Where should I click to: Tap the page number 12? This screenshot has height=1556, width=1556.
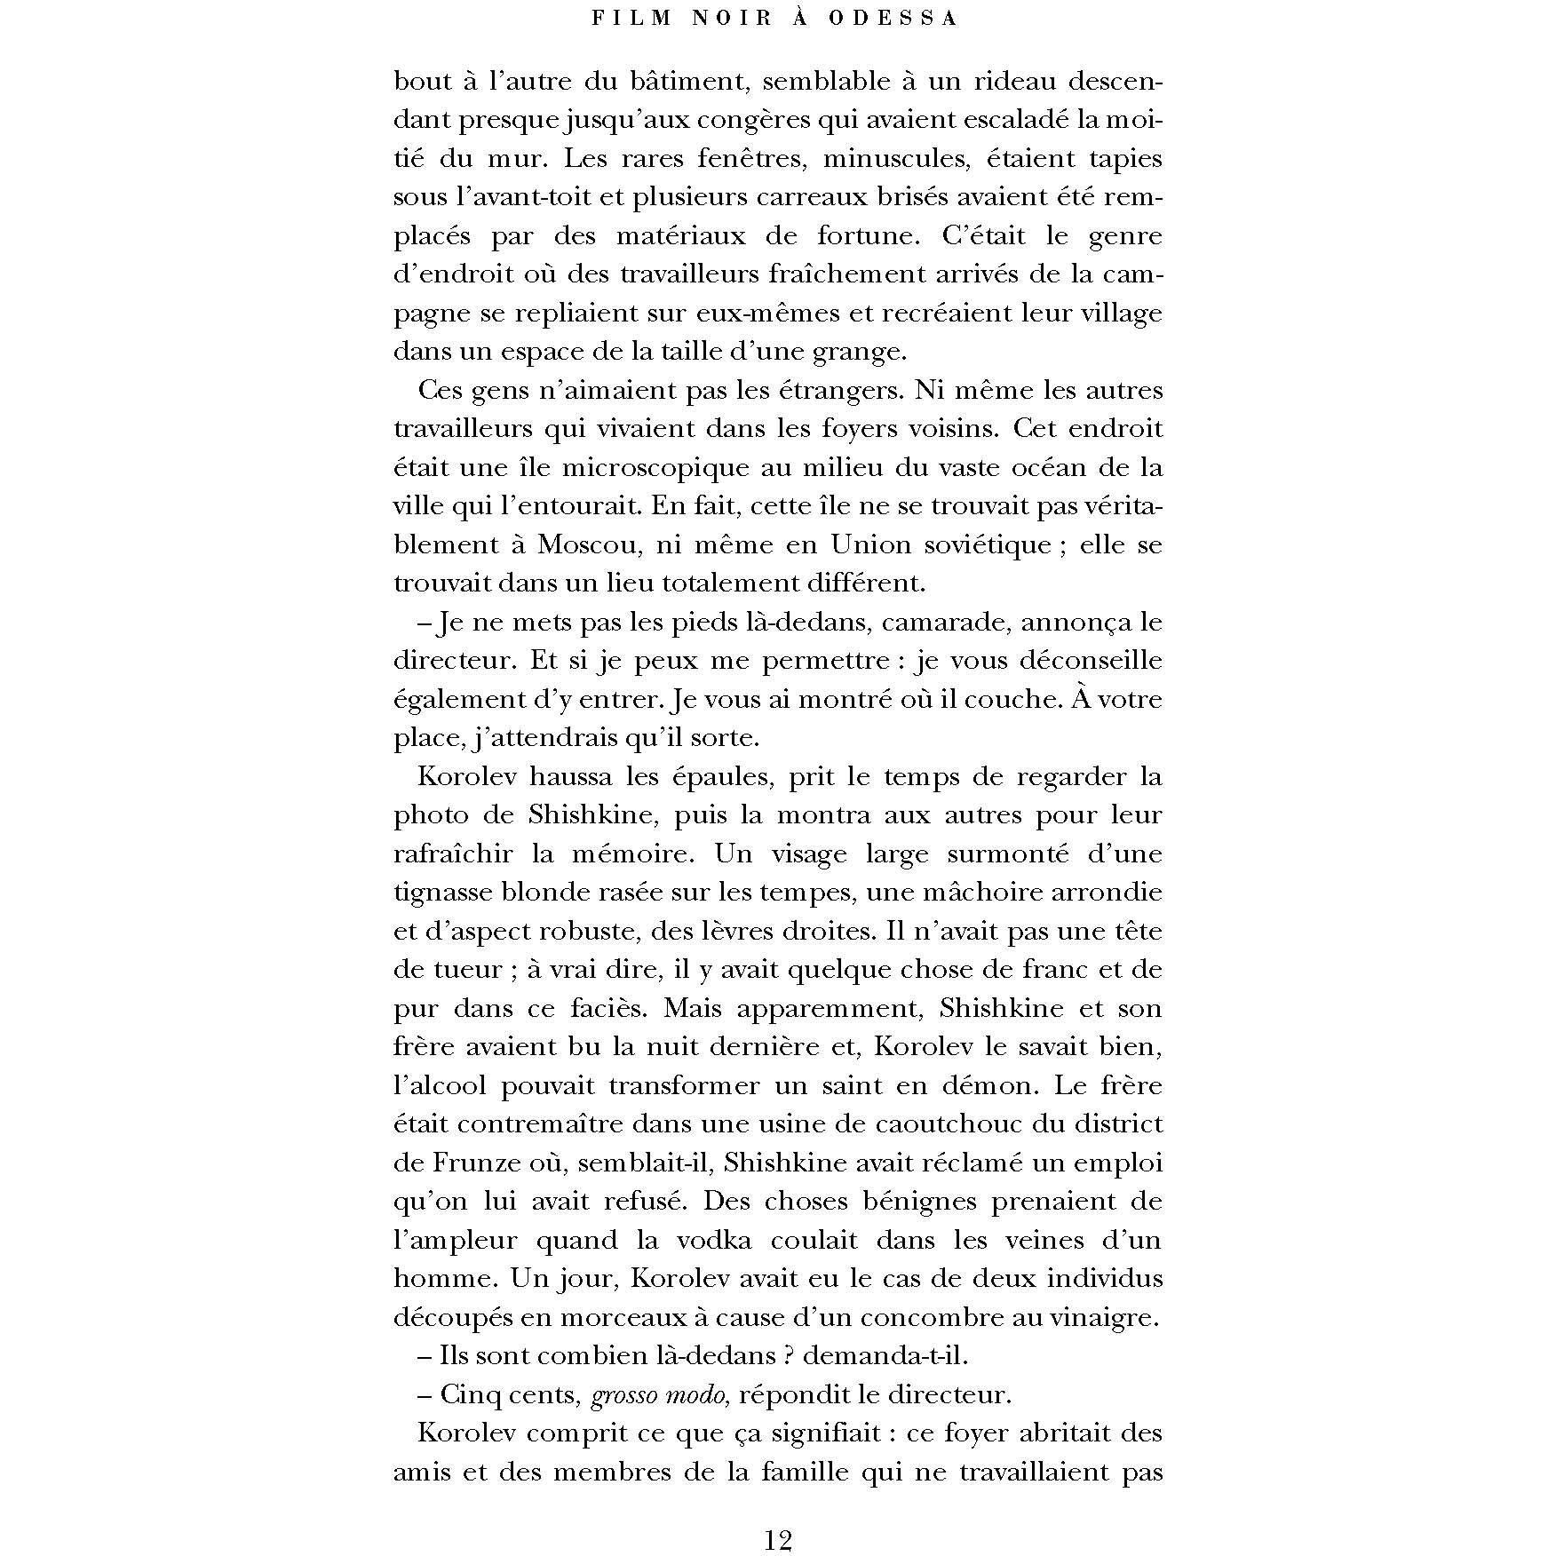click(777, 1539)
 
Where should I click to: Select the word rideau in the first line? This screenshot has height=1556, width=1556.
click(1007, 82)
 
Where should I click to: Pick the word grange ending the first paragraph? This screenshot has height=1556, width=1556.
click(857, 353)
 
